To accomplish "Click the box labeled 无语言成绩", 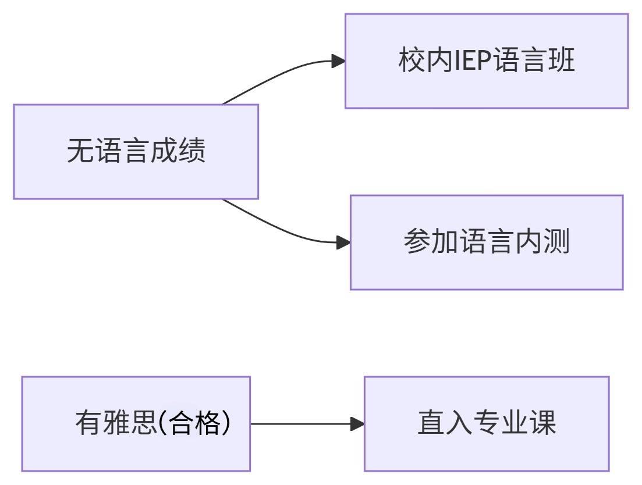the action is coord(136,152).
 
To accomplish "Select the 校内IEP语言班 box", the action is coord(487,61).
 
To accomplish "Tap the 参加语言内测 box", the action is coord(487,243).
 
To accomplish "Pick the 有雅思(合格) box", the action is coord(136,424).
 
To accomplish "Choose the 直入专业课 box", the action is coord(487,424).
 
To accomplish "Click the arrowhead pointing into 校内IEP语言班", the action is coord(338,61).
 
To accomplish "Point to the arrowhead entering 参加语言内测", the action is coord(343,243).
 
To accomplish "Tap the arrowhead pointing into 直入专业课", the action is coord(357,424).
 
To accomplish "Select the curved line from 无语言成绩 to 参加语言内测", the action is coord(278,227).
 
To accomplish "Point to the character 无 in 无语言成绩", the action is coord(80,151).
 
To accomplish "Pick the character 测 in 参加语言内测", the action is coord(556,241).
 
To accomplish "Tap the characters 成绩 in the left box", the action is coord(178,151).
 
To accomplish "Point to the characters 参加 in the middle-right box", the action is coord(431,241).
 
